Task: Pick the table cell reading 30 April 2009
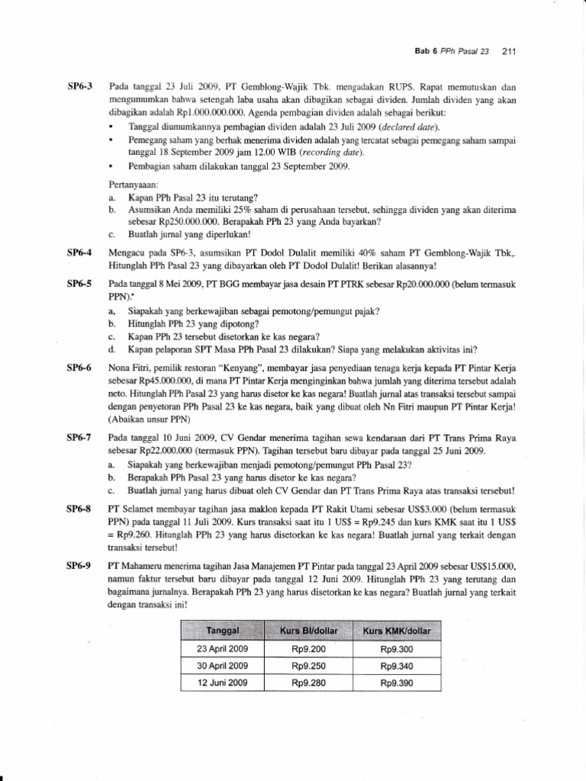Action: pyautogui.click(x=223, y=666)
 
